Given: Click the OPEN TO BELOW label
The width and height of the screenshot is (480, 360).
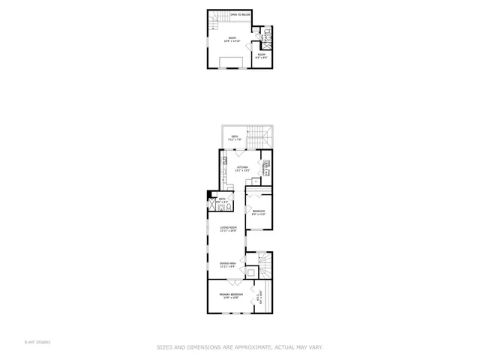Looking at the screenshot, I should tap(241, 14).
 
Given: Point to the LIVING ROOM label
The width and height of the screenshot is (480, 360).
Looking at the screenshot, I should tap(228, 229).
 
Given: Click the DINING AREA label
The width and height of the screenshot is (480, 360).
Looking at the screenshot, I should tap(228, 265).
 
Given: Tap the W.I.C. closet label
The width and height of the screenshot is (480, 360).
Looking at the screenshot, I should tap(258, 297).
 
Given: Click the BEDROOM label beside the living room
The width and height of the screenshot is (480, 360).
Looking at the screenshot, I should tap(258, 212).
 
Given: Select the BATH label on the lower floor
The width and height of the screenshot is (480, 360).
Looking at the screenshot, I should tap(222, 200).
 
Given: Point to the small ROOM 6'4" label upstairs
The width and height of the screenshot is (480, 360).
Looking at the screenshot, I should tap(262, 55).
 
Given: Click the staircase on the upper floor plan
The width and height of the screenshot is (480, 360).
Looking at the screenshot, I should tap(218, 18).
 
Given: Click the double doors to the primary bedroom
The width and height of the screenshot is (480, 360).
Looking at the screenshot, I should tap(234, 282).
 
